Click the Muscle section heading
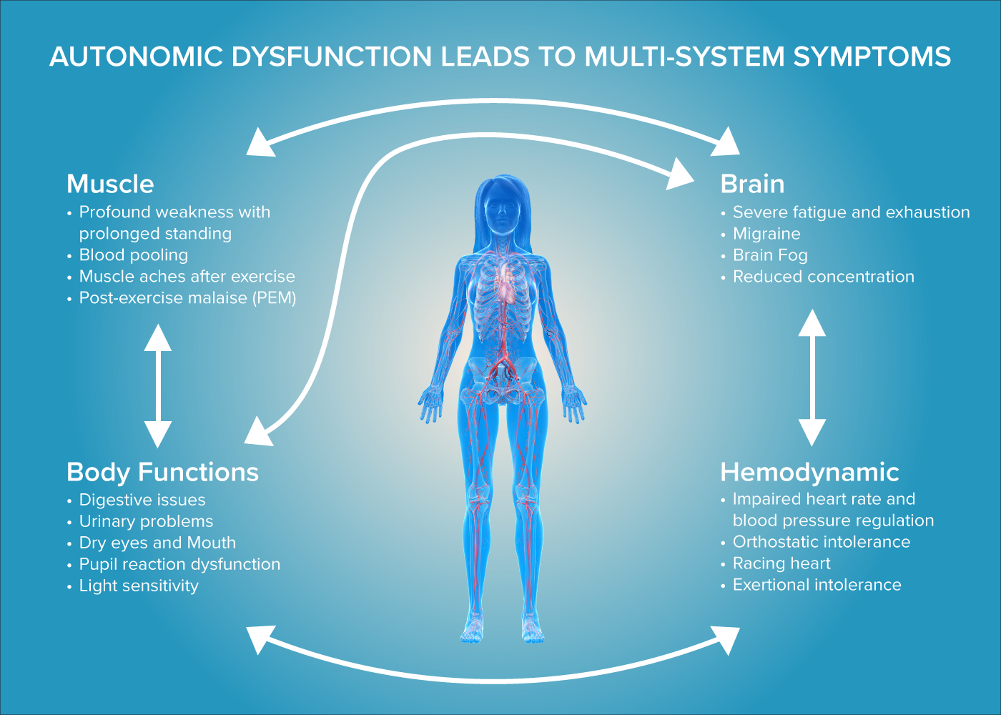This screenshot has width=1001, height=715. coord(110,184)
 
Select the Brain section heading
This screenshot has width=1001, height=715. coord(752,184)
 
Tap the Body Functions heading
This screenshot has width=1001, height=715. coord(162,473)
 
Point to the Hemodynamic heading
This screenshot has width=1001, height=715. coord(809,473)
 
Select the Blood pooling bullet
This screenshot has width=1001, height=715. coord(134,255)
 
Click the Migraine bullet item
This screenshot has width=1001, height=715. coord(766,234)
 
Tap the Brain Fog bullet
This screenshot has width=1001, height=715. coord(770,255)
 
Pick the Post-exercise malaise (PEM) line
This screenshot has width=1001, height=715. coord(187,298)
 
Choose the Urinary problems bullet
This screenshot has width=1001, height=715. coord(146,522)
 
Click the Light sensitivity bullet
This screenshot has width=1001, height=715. coord(139,586)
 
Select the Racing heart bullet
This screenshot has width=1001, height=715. coord(781,563)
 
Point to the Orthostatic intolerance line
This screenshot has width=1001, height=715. coord(822,542)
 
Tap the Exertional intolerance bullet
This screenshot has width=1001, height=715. coord(817,585)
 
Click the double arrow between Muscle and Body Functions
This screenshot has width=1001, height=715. coord(158,386)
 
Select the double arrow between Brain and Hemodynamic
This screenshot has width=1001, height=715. coord(812,378)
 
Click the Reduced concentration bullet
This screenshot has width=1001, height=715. coord(823,277)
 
